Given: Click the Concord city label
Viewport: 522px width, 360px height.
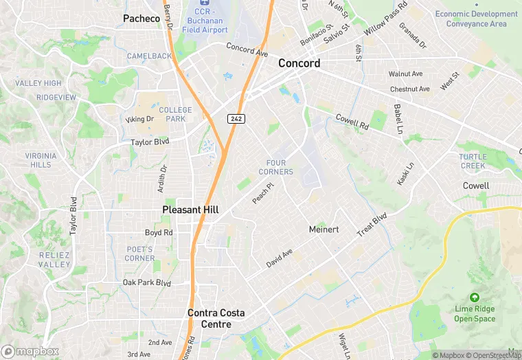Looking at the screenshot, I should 299,63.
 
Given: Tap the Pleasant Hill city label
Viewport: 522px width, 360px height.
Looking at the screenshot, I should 190,210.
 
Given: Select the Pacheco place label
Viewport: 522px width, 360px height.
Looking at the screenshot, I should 141,18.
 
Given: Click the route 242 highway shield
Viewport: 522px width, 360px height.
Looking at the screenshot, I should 236,119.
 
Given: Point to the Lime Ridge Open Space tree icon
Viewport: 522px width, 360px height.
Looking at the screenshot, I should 474,297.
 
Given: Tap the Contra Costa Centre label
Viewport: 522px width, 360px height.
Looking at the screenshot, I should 216,313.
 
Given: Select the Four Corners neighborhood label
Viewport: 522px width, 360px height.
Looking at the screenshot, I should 276,167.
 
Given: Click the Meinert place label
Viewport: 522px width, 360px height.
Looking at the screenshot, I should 324,229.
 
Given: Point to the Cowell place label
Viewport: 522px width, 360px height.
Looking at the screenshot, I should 476,185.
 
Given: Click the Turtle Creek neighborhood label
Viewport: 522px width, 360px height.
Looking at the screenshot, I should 473,161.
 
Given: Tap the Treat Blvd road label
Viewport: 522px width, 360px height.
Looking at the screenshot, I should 372,225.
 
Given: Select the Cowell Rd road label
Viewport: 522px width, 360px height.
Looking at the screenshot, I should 352,122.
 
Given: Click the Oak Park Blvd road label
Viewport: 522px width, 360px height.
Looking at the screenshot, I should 146,282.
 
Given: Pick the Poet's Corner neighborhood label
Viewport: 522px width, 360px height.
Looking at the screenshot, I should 140,254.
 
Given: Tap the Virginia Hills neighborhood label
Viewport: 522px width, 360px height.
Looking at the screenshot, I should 41,160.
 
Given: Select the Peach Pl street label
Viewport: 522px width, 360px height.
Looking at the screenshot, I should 262,192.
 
